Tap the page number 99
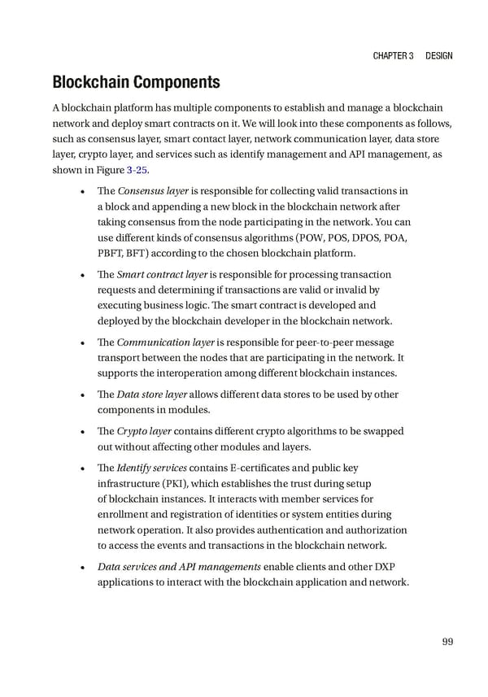pyautogui.click(x=447, y=643)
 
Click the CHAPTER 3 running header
pyautogui.click(x=394, y=55)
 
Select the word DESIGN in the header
pyautogui.click(x=438, y=55)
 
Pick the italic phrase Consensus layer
pyautogui.click(x=154, y=190)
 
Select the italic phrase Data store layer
pyautogui.click(x=153, y=395)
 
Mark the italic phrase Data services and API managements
pyautogui.click(x=179, y=567)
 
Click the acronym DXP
pyautogui.click(x=393, y=567)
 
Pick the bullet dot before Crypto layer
pyautogui.click(x=85, y=433)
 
